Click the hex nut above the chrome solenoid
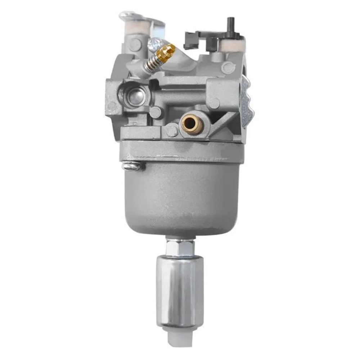click(180, 248)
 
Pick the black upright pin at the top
click(229, 24)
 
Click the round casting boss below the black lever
click(228, 67)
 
